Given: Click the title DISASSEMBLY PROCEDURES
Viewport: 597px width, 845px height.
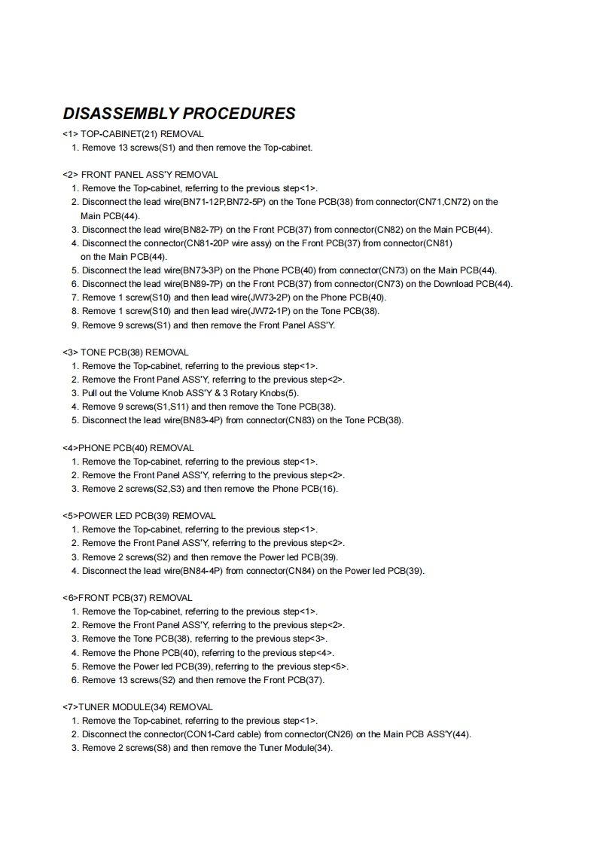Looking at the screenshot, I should tap(179, 114).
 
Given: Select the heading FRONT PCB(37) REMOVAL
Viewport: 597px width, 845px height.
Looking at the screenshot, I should tap(127, 598).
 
